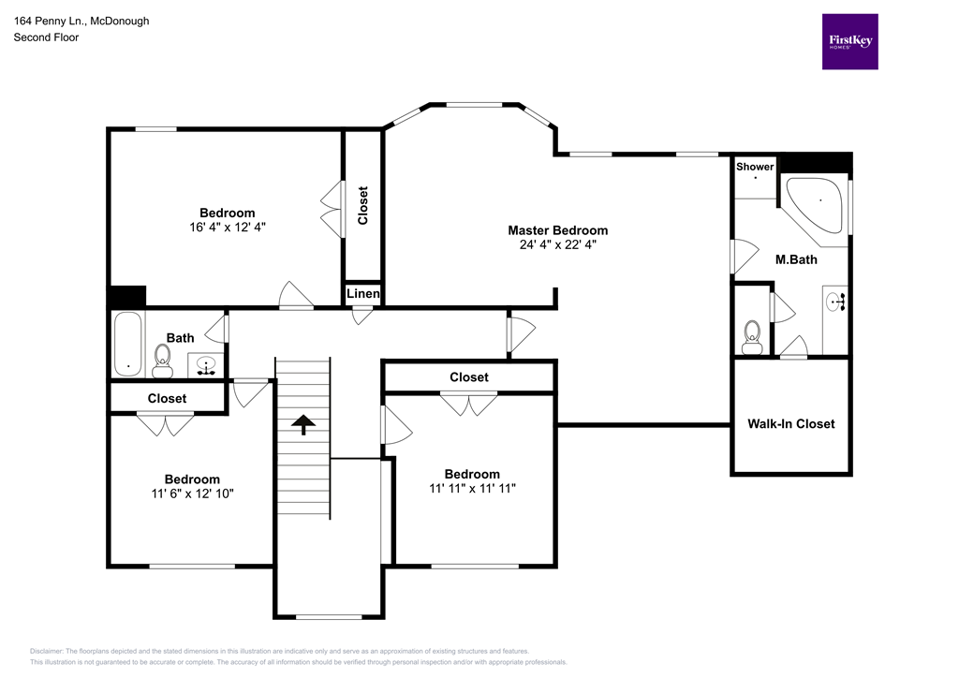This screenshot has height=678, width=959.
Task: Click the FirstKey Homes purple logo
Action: coord(849,41)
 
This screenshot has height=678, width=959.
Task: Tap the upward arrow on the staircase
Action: coord(302,426)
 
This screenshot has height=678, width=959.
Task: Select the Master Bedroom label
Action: coord(557,230)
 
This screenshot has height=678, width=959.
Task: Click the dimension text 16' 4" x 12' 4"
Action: coord(227,227)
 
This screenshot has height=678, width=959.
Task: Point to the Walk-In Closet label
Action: coord(790,423)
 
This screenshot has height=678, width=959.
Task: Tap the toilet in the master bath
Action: coord(751,336)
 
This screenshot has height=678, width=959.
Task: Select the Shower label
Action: coord(755,167)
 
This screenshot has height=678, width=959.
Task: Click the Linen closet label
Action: coord(363,294)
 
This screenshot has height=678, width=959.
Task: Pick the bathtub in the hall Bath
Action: coord(126,344)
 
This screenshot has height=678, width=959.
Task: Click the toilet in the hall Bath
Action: coord(162,359)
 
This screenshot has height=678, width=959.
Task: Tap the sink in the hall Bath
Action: coord(207,364)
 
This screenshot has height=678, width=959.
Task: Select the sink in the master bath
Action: coord(835,302)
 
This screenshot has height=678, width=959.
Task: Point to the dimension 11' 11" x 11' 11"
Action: coord(472,488)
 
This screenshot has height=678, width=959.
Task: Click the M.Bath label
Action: coord(796,259)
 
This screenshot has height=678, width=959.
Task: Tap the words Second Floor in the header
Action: coord(46,37)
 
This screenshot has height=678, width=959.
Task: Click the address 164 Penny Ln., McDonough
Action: coord(81,21)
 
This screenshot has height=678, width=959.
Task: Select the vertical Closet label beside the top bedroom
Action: coord(363,206)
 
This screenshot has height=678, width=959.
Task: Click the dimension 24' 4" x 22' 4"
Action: coord(557,245)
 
